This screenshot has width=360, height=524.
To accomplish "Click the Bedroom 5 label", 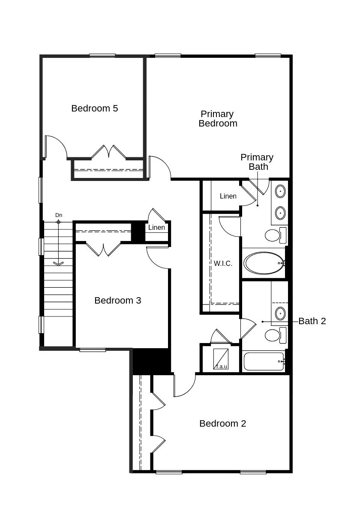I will coord(94,108).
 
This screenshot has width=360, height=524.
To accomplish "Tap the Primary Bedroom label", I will coord(218,119).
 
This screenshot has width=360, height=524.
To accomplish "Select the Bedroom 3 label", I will coord(117,301).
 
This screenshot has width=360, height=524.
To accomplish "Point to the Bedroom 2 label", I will coord(222,424).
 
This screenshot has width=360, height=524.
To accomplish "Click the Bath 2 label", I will coord(312,321).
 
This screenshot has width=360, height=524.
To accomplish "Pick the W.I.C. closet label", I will coord(223,264).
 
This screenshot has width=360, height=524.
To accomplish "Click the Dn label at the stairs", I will coord(59,215).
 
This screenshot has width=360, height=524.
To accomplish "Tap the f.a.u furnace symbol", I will coord(221,359).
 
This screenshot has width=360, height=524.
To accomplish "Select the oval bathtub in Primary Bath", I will coord(264,263).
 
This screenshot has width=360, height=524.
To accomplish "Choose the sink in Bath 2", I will coord(280,313).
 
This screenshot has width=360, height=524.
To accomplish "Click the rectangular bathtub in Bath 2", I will coord(264,361).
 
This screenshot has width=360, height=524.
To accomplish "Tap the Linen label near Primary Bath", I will coord(228,196).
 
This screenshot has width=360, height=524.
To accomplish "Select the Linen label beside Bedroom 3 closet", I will coord(156,228).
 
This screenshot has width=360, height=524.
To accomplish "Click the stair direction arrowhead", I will coord(58,263).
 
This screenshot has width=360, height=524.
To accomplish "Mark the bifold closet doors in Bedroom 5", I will coord(108,152).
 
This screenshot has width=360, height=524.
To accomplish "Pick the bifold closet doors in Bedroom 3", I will coord(103,249).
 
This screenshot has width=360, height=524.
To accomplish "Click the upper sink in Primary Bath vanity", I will coord(280,191).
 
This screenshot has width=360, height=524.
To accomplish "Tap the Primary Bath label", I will coord(257,162).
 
